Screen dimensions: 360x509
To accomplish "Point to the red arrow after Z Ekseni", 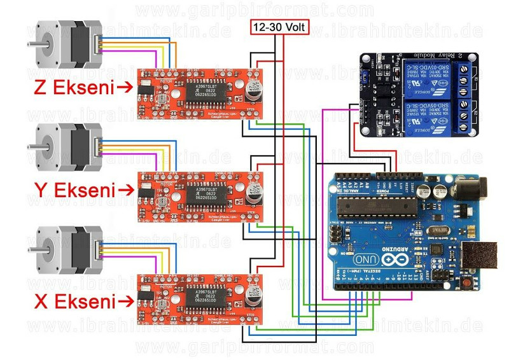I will [x=125, y=88].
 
